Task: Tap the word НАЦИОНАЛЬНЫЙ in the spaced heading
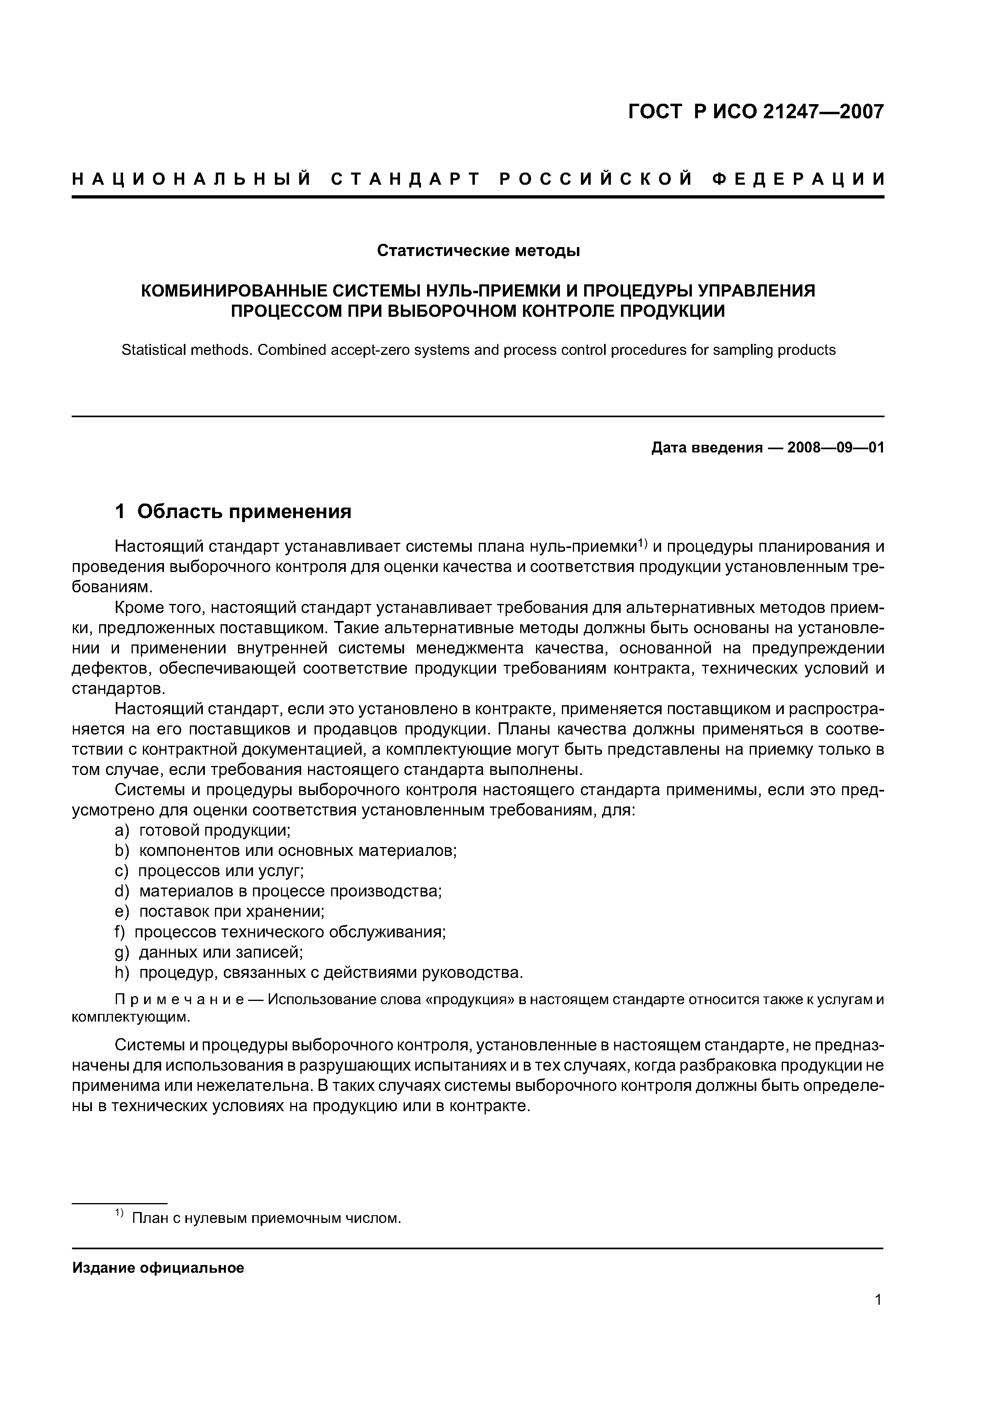tap(192, 179)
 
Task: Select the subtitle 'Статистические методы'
tap(478, 251)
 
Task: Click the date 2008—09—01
tap(836, 448)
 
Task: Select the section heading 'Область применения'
tap(245, 512)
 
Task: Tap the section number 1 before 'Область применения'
tap(121, 512)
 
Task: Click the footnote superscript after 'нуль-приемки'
tap(642, 543)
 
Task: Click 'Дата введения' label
tap(706, 448)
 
